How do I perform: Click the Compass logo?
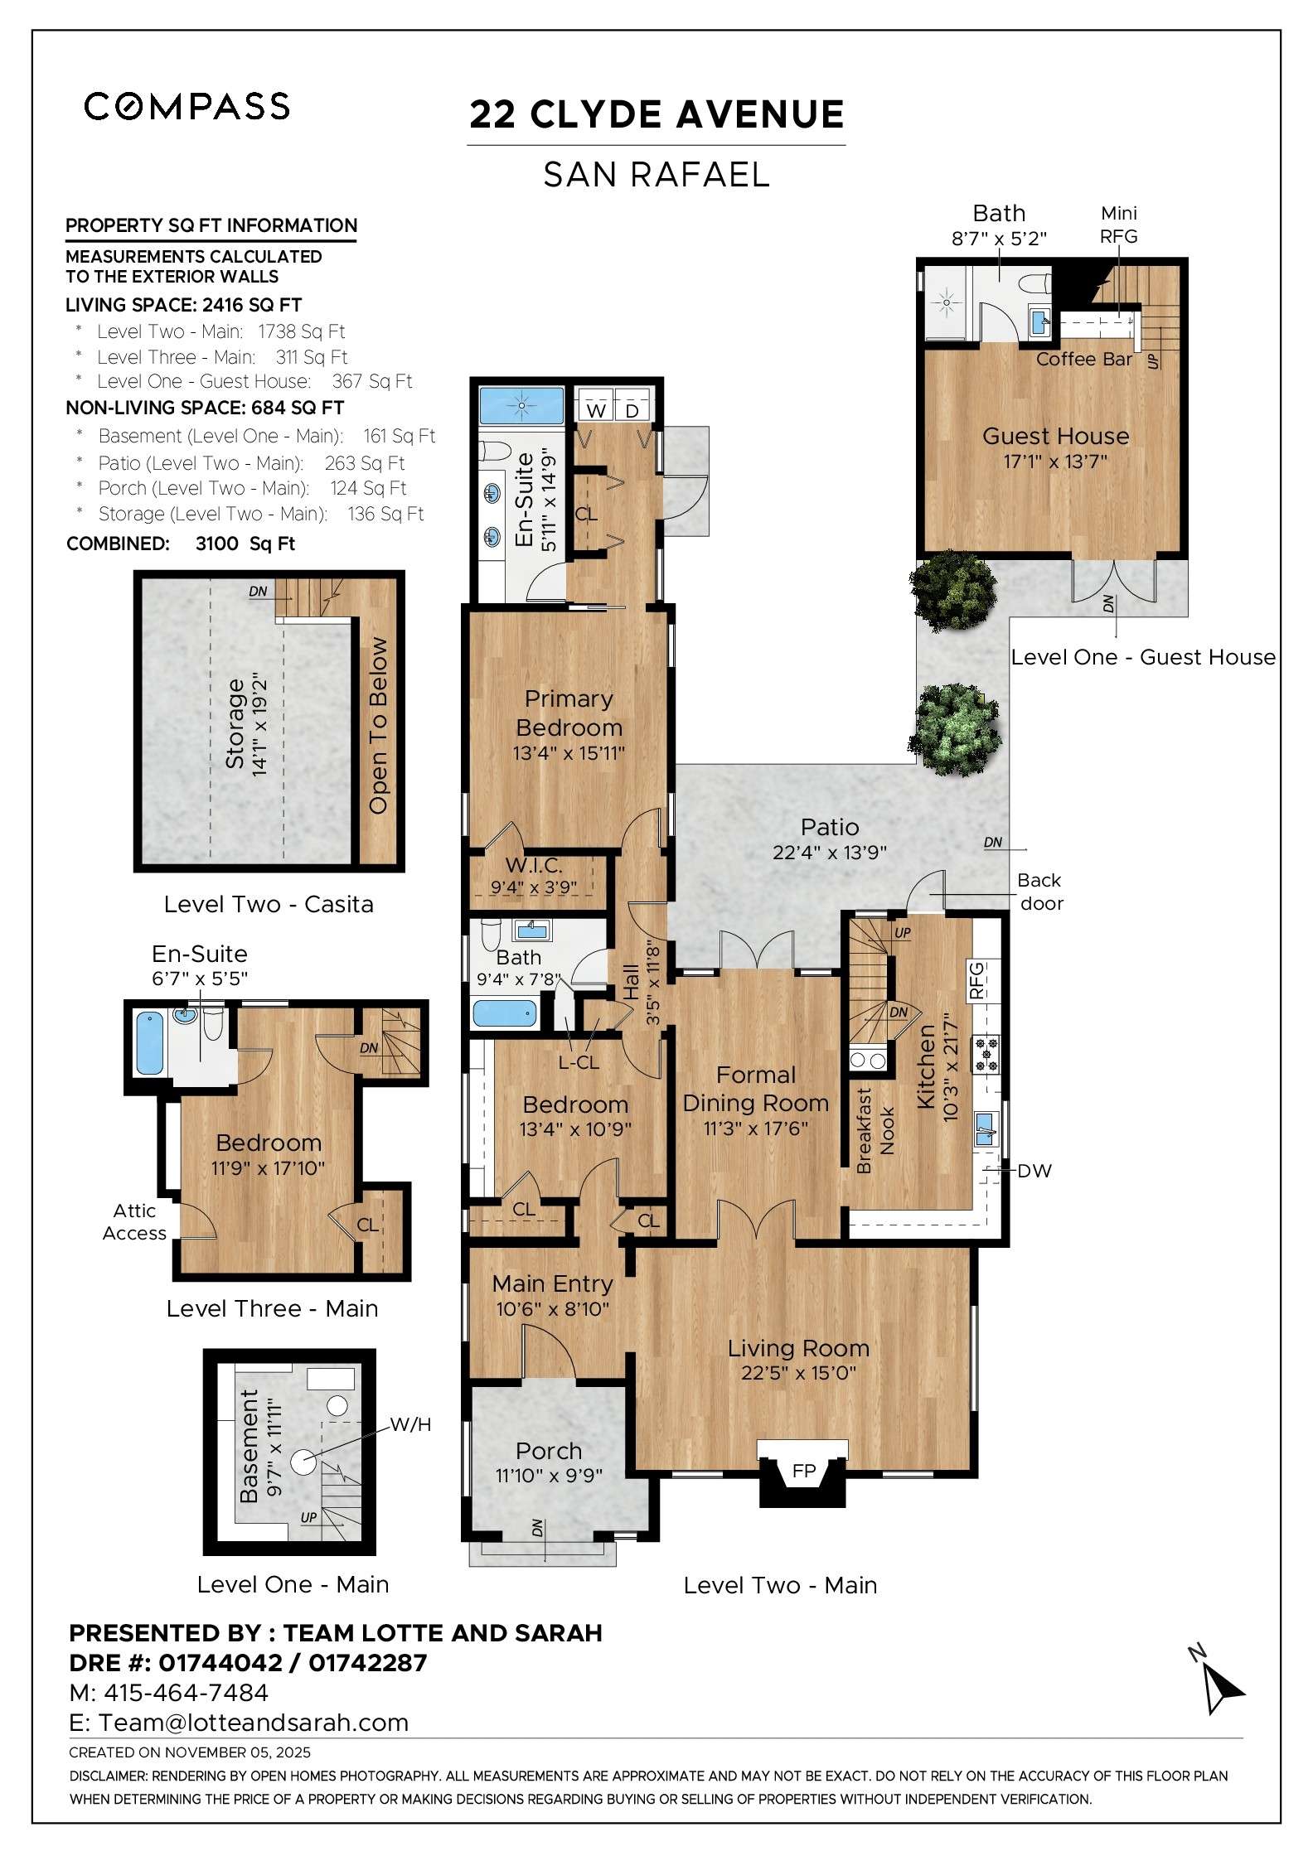coord(187,106)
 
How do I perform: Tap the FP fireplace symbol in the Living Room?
coord(803,1471)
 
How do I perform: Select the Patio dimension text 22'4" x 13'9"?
coord(829,852)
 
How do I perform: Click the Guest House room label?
coord(1055,436)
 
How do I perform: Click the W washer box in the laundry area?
coord(596,410)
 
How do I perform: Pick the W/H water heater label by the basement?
coord(411,1424)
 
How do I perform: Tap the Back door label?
coord(1040,892)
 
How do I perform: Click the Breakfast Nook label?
coord(875,1131)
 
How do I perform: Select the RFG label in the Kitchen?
coord(976,979)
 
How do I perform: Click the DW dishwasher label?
coord(1034,1171)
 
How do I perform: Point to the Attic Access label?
coord(134,1221)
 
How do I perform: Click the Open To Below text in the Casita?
coord(378,726)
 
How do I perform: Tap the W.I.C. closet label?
coord(534,866)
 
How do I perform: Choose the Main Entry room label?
coord(552,1283)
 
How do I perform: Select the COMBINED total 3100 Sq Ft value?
coord(245,544)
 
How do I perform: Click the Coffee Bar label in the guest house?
coord(1083,359)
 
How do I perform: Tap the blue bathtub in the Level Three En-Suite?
coord(149,1043)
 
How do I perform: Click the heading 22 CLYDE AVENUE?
coord(656,114)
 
